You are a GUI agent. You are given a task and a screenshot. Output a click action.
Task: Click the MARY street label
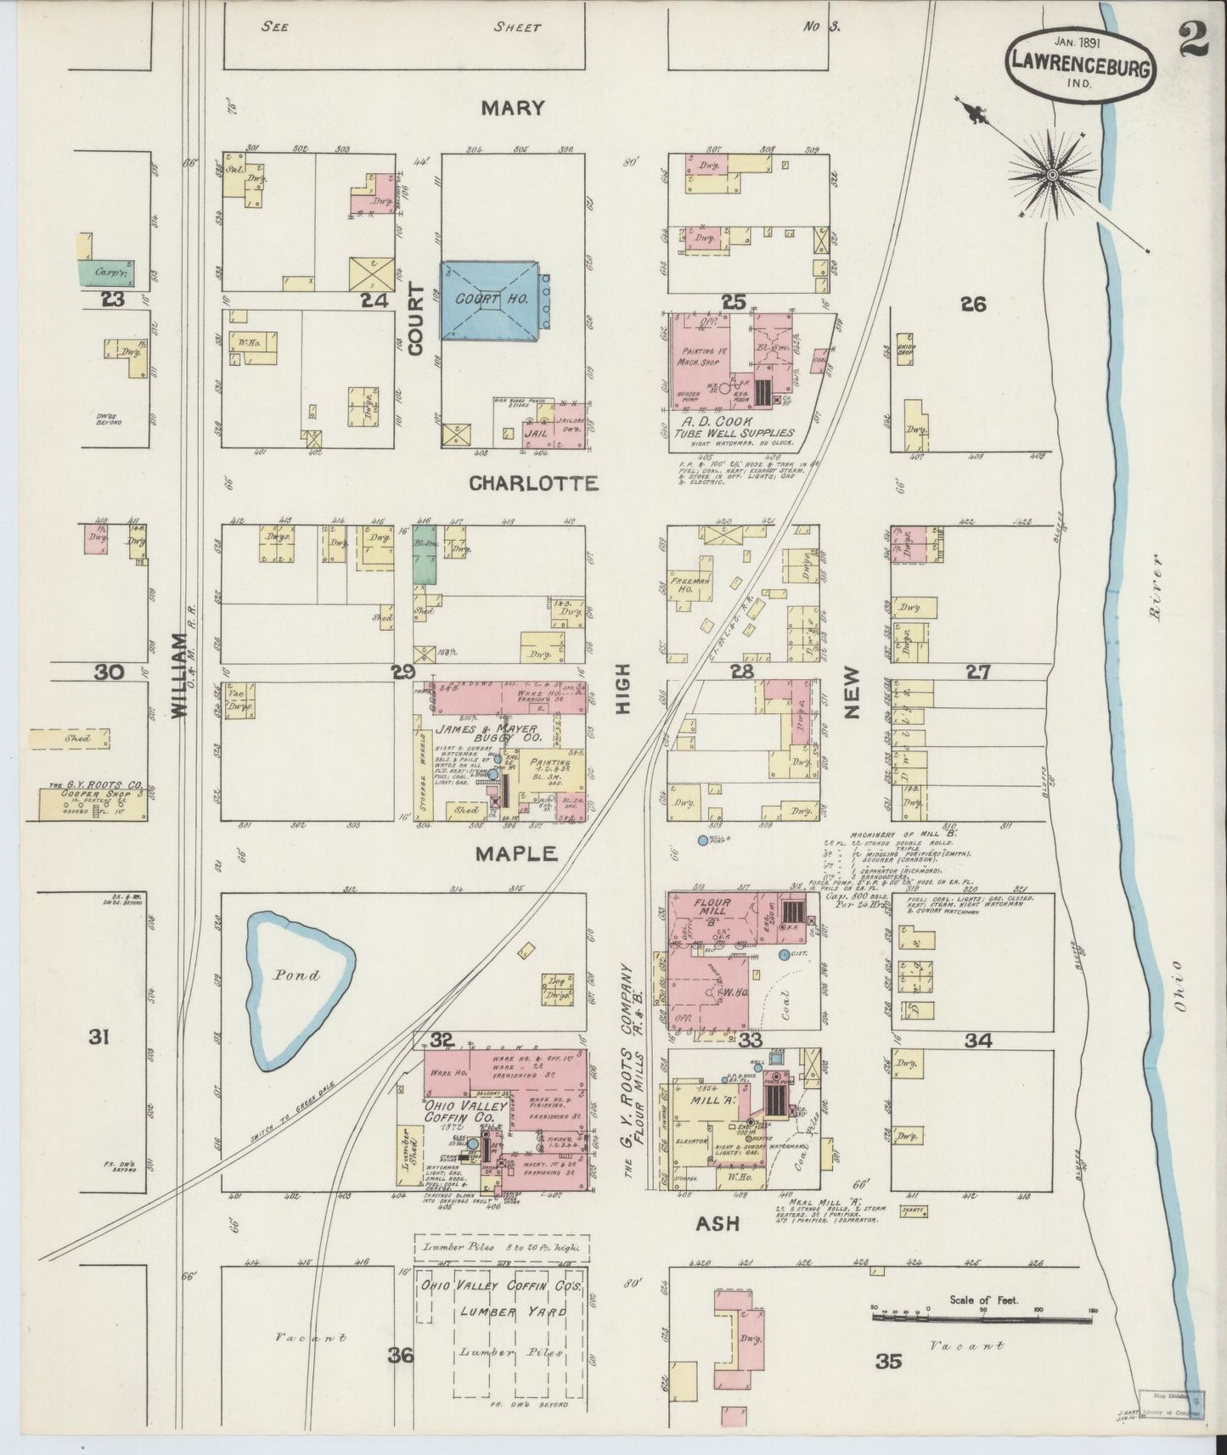511,108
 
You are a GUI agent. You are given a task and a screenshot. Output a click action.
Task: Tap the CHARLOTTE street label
533,484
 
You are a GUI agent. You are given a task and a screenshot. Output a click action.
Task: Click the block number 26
973,303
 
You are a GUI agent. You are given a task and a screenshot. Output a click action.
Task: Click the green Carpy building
107,272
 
